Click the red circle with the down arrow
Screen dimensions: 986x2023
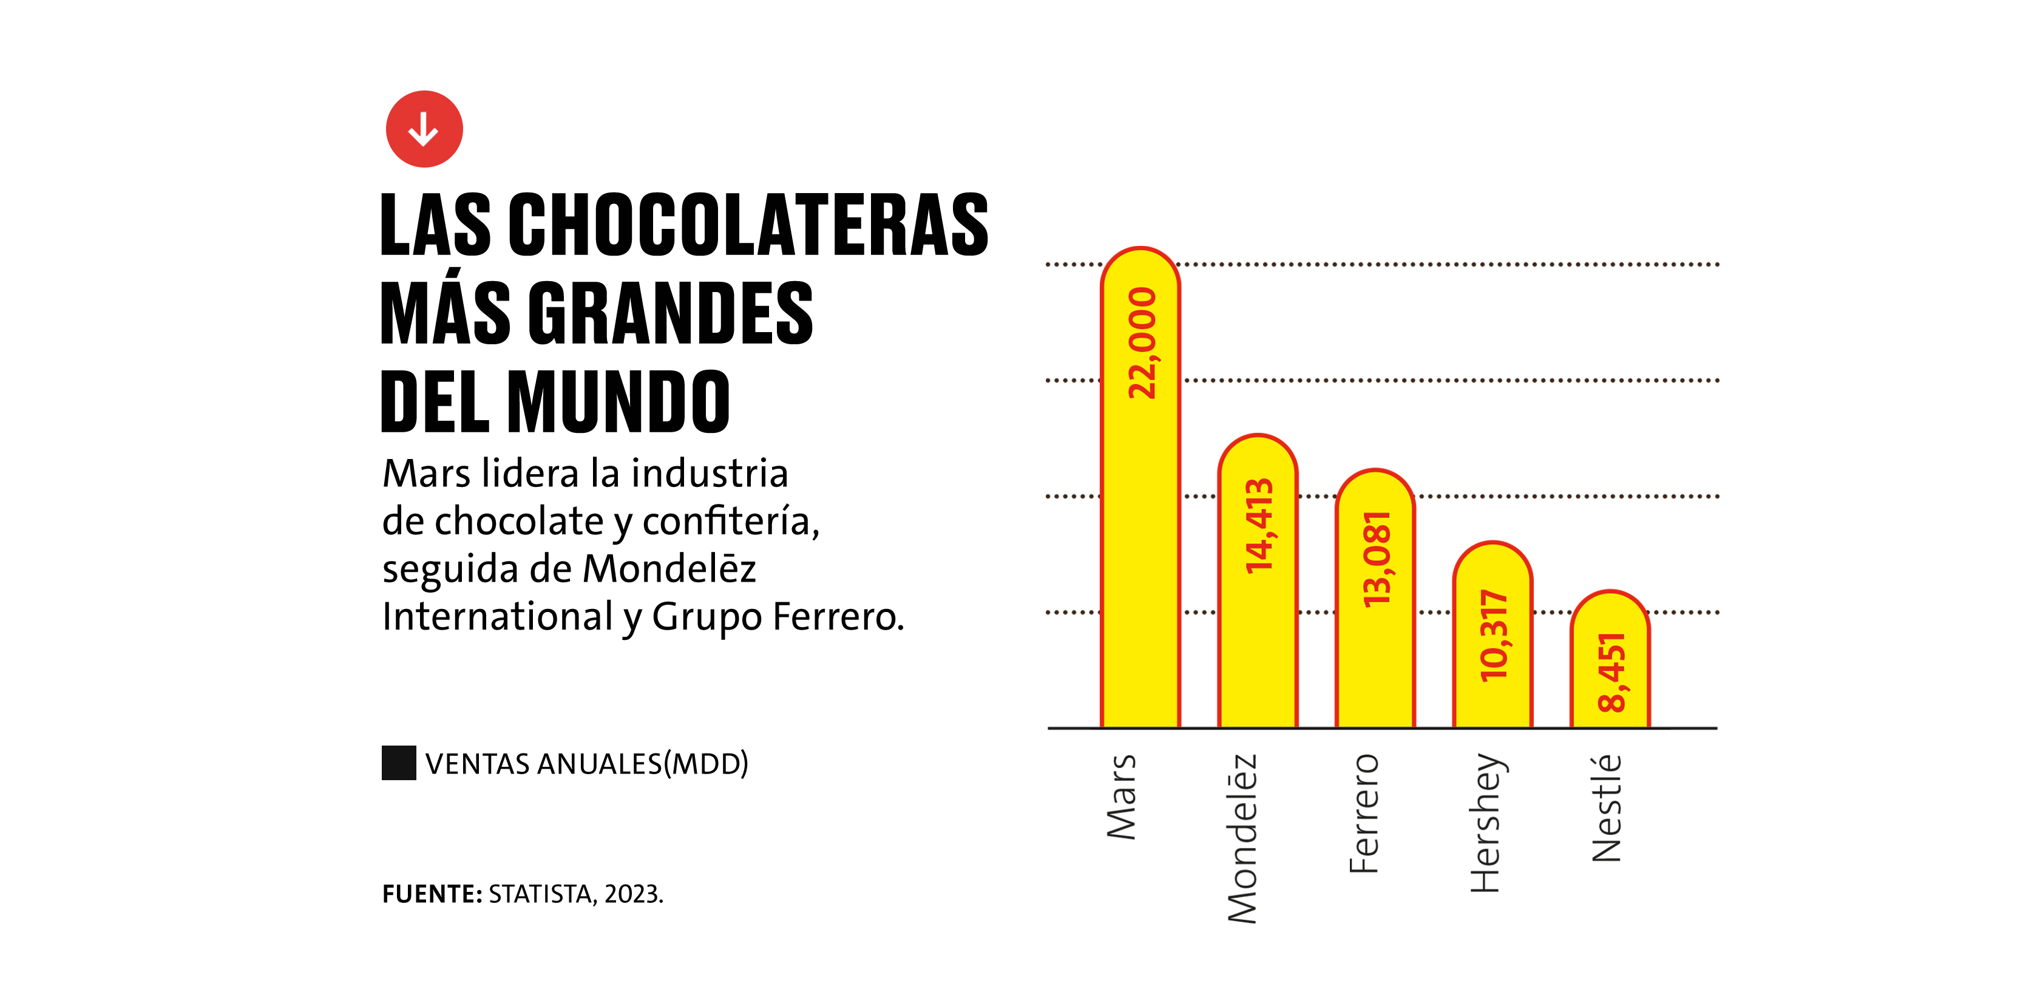(424, 129)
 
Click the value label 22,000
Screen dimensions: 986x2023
(1142, 343)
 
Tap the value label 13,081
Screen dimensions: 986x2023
(1377, 559)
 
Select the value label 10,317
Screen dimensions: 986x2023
(1494, 636)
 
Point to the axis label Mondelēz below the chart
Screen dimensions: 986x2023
(1242, 838)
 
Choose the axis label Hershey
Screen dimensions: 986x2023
(1485, 823)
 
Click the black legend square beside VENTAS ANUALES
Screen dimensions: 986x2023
(399, 763)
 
